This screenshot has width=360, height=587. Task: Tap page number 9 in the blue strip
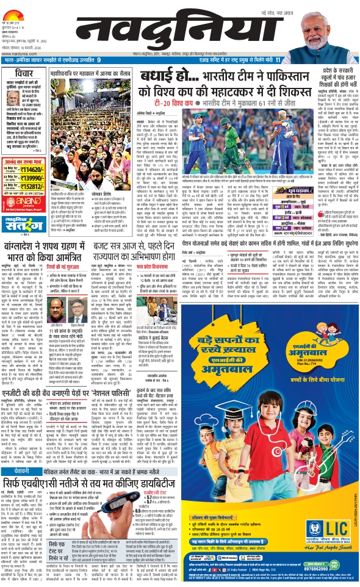tap(99, 60)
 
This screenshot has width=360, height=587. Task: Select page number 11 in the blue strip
tap(277, 60)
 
